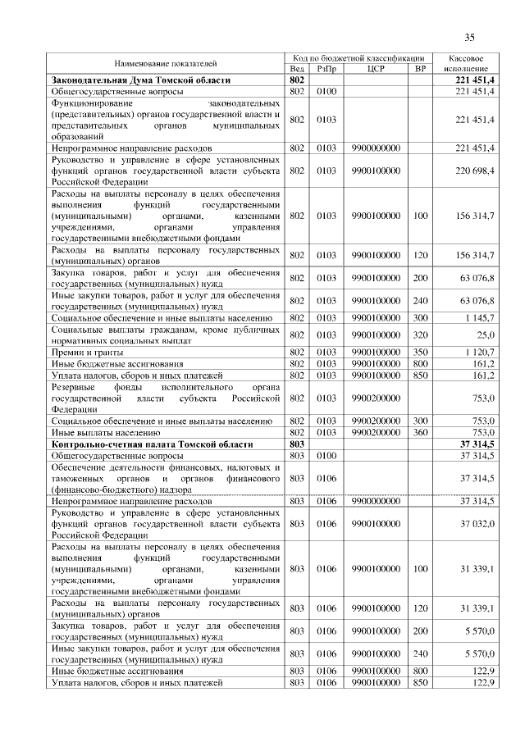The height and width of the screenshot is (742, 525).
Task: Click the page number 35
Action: point(470,37)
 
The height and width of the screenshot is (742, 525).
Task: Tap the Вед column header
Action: point(297,69)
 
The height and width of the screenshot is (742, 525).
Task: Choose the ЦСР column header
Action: point(376,69)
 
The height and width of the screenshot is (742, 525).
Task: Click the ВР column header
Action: point(421,69)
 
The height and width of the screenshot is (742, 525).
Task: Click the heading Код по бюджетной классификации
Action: point(358,58)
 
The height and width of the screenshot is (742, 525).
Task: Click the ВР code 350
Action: point(421,351)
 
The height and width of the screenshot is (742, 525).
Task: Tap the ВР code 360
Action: point(421,431)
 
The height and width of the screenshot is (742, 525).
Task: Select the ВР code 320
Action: point(421,335)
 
